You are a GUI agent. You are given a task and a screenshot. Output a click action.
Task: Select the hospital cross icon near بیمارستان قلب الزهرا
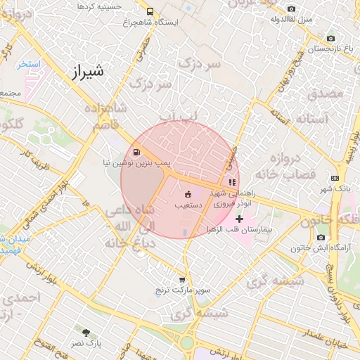[240, 219]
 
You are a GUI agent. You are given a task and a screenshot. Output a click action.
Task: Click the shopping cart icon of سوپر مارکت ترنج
[183, 280]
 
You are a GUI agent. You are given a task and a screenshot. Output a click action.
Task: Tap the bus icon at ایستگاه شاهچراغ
[149, 11]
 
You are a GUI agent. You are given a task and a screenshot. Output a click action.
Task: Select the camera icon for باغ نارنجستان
[330, 38]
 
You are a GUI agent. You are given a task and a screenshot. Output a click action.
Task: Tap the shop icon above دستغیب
[188, 194]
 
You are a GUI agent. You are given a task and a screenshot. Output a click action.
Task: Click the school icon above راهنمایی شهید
[233, 182]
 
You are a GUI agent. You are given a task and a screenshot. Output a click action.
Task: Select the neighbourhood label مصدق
[324, 92]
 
